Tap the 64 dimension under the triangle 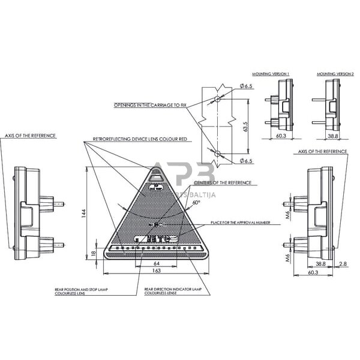[156, 263]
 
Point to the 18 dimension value [93, 253]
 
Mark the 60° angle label [196, 203]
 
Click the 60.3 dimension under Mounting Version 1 [280, 136]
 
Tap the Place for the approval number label [236, 223]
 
